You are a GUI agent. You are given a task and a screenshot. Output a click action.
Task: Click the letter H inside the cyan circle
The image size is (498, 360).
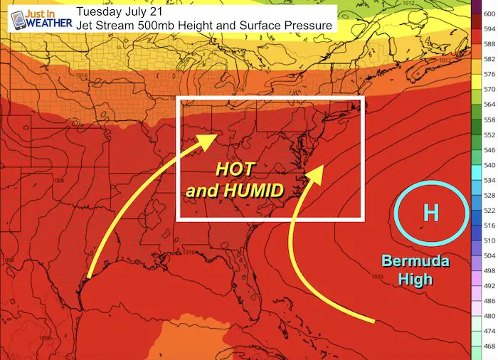pyautogui.click(x=430, y=212)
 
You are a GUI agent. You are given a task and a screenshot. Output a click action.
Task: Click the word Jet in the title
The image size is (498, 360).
pyautogui.click(x=87, y=26)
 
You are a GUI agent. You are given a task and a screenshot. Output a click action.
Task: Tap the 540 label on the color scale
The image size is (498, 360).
pyautogui.click(x=489, y=164)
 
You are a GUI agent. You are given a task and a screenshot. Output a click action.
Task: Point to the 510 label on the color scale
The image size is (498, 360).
pyautogui.click(x=489, y=240)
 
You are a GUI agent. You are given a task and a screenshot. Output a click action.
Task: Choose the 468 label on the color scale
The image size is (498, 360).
pyautogui.click(x=489, y=346)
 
